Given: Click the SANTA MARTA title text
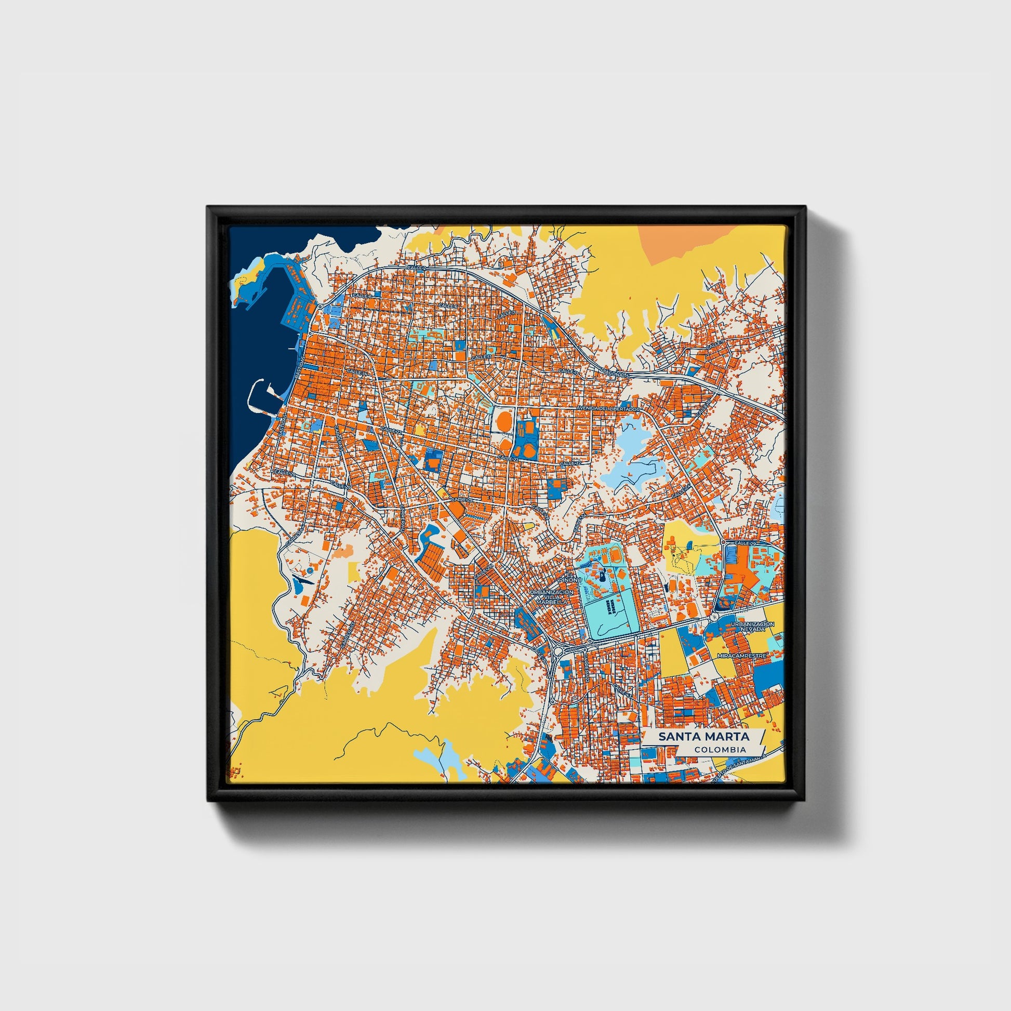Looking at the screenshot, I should click(x=703, y=736).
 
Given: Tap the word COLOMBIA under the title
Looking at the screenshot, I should click(x=720, y=749).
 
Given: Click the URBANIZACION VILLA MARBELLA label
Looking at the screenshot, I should click(x=552, y=596).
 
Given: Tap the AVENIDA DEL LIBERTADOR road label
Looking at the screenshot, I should click(x=608, y=408).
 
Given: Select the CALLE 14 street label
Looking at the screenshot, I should click(x=355, y=372).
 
